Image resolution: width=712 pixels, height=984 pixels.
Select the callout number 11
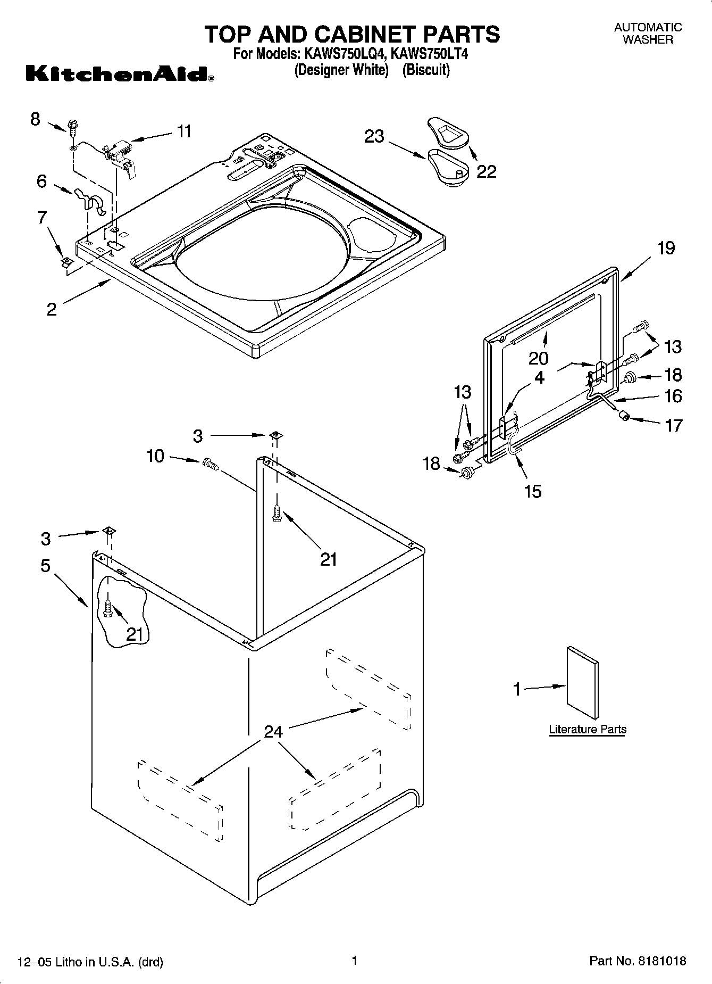pyautogui.click(x=184, y=131)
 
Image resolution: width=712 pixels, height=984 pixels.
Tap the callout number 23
pyautogui.click(x=374, y=136)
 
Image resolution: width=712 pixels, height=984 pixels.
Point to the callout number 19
pyautogui.click(x=666, y=248)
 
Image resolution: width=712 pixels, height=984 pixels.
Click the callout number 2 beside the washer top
pyautogui.click(x=52, y=309)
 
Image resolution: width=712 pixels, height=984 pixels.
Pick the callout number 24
pyautogui.click(x=273, y=732)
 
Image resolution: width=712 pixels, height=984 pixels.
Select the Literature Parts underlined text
pyautogui.click(x=587, y=729)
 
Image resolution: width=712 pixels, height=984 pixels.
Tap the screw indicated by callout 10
pyautogui.click(x=211, y=464)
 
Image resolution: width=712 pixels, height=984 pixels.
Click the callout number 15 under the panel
pyautogui.click(x=533, y=491)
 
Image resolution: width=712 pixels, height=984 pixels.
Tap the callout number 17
pyautogui.click(x=673, y=425)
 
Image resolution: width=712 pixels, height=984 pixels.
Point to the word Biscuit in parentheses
pyautogui.click(x=426, y=70)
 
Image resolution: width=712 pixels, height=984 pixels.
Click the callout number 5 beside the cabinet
pyautogui.click(x=46, y=565)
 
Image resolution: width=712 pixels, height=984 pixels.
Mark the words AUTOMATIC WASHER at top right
pyautogui.click(x=648, y=33)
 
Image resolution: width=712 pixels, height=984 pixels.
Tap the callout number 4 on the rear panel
pyautogui.click(x=539, y=377)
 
